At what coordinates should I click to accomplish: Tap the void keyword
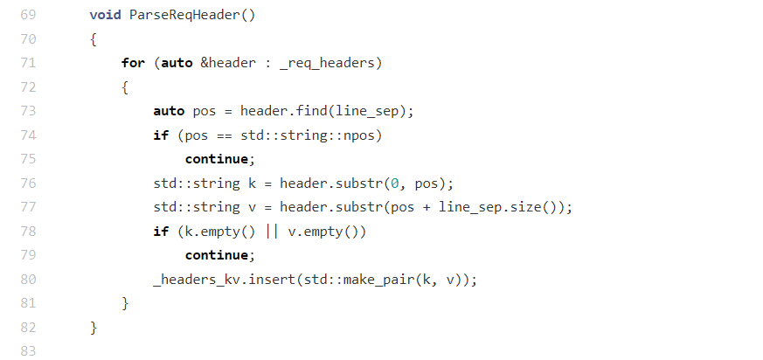pyautogui.click(x=105, y=15)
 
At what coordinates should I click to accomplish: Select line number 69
pyautogui.click(x=27, y=15)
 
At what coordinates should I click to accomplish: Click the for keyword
pyautogui.click(x=134, y=63)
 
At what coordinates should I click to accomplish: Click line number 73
pyautogui.click(x=27, y=111)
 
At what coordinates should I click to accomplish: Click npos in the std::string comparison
pyautogui.click(x=366, y=135)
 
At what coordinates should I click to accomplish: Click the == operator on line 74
pyautogui.click(x=222, y=135)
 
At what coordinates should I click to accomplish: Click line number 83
pyautogui.click(x=27, y=351)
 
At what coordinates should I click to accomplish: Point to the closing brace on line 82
pyautogui.click(x=94, y=328)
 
